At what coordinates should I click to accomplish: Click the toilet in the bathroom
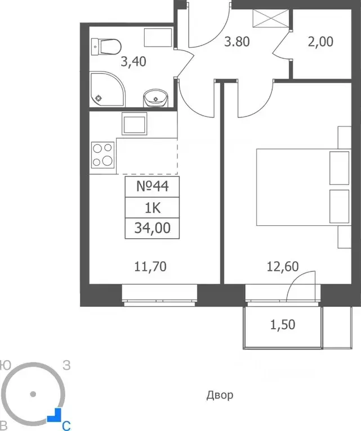(106, 47)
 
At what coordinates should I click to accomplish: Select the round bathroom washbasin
(155, 98)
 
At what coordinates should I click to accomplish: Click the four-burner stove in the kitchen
(102, 155)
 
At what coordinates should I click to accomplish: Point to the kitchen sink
(134, 124)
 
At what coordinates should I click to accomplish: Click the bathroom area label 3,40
(133, 62)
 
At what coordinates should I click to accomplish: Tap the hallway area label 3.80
(237, 42)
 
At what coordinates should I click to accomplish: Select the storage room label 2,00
(320, 42)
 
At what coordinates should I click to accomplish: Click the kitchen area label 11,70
(150, 266)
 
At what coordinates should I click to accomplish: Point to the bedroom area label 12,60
(283, 266)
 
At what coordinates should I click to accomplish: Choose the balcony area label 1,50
(283, 325)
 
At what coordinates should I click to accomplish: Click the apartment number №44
(153, 187)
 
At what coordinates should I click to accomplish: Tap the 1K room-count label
(153, 208)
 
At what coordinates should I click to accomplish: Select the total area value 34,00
(153, 228)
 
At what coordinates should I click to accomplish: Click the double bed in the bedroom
(304, 187)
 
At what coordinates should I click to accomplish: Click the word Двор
(220, 395)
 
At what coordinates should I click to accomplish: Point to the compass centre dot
(33, 394)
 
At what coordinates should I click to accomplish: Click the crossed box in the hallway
(271, 18)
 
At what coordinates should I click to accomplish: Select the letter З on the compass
(66, 365)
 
